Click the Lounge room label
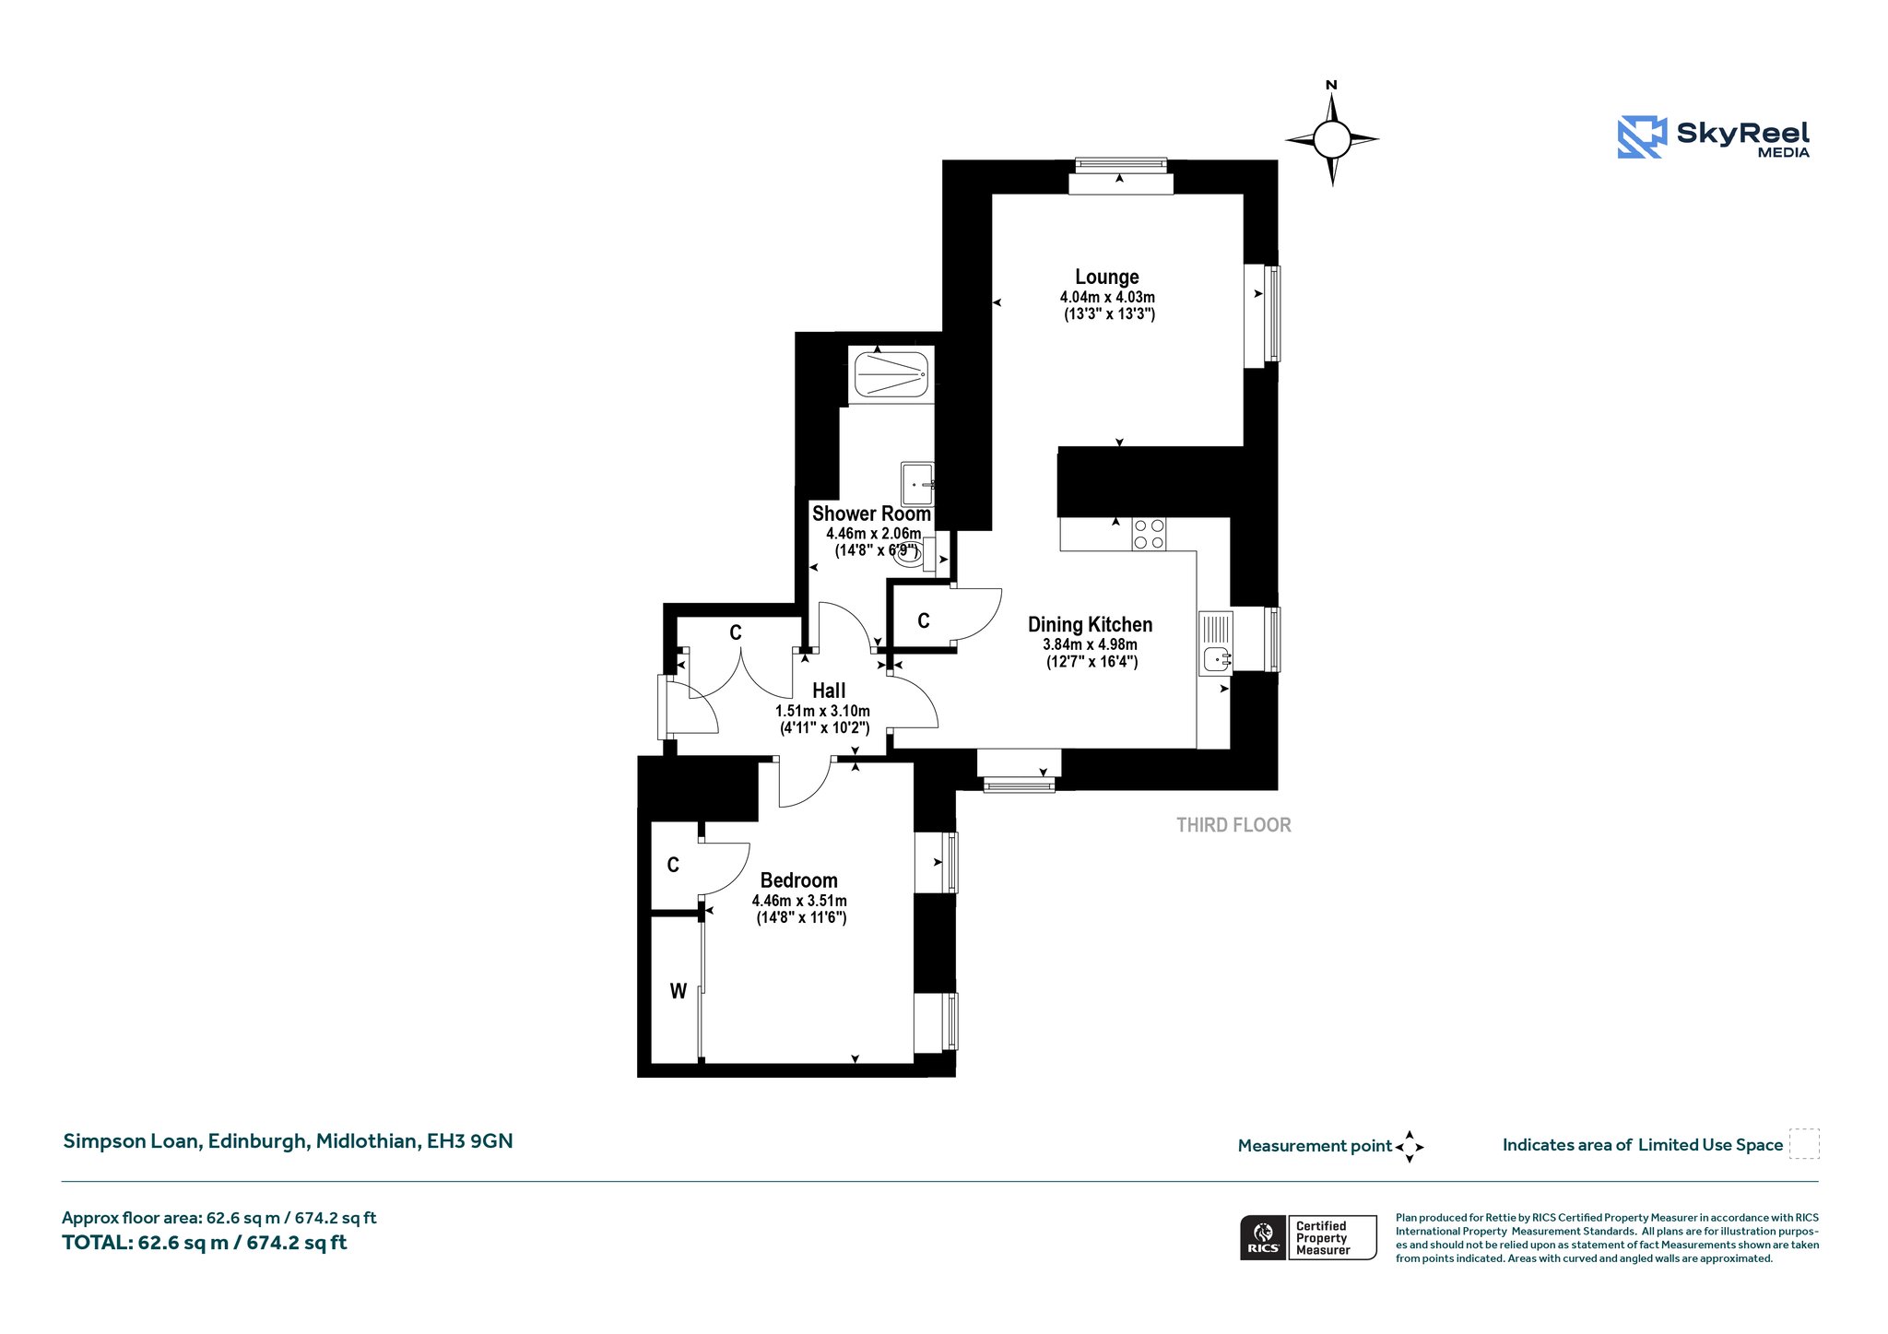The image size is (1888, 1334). [1106, 277]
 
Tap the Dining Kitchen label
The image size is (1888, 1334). [1090, 624]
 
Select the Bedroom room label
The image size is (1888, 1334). [798, 880]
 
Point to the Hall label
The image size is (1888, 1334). [829, 691]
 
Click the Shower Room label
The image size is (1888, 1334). [871, 514]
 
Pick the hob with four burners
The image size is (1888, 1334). [1149, 535]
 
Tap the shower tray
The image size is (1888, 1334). [890, 375]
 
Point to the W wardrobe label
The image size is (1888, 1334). [678, 992]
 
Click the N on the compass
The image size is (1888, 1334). [1331, 86]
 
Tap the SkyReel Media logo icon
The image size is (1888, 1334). [1642, 137]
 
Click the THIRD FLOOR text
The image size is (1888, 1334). [1233, 825]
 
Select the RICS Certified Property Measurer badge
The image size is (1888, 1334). [1308, 1237]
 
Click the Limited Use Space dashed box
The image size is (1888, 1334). [1804, 1144]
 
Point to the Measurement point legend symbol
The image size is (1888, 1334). [1410, 1147]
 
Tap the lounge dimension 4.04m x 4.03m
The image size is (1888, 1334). [1107, 298]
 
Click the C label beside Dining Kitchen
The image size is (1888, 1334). [924, 621]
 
